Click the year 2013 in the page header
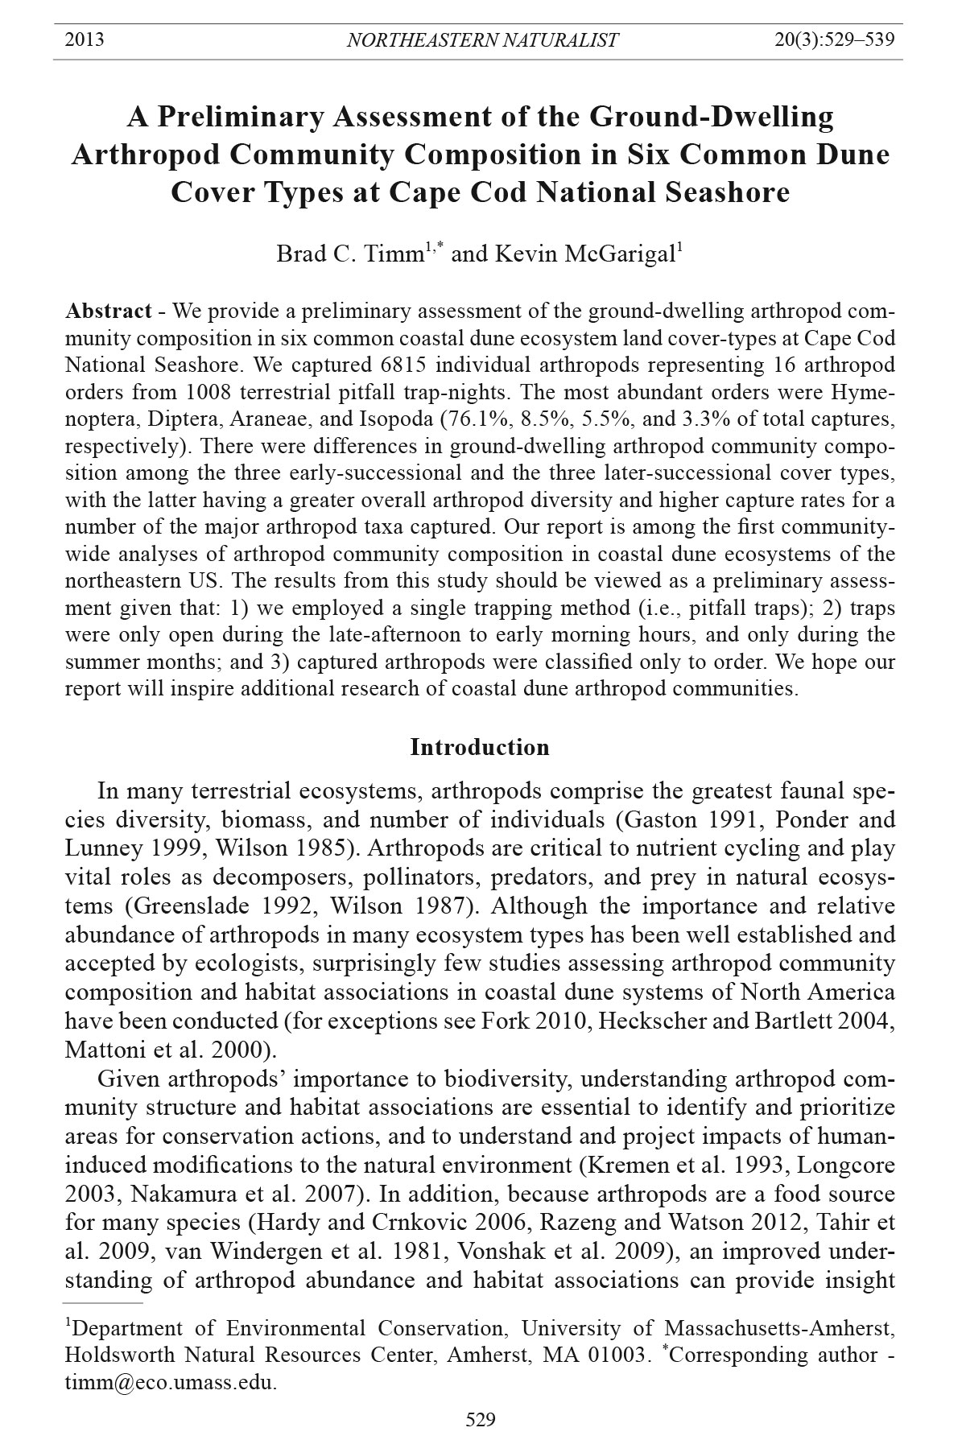(x=85, y=39)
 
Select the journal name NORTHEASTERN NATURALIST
(x=482, y=39)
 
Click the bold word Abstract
(x=109, y=312)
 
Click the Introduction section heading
(x=480, y=747)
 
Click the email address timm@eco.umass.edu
(x=171, y=1383)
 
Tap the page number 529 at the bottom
(x=481, y=1419)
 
